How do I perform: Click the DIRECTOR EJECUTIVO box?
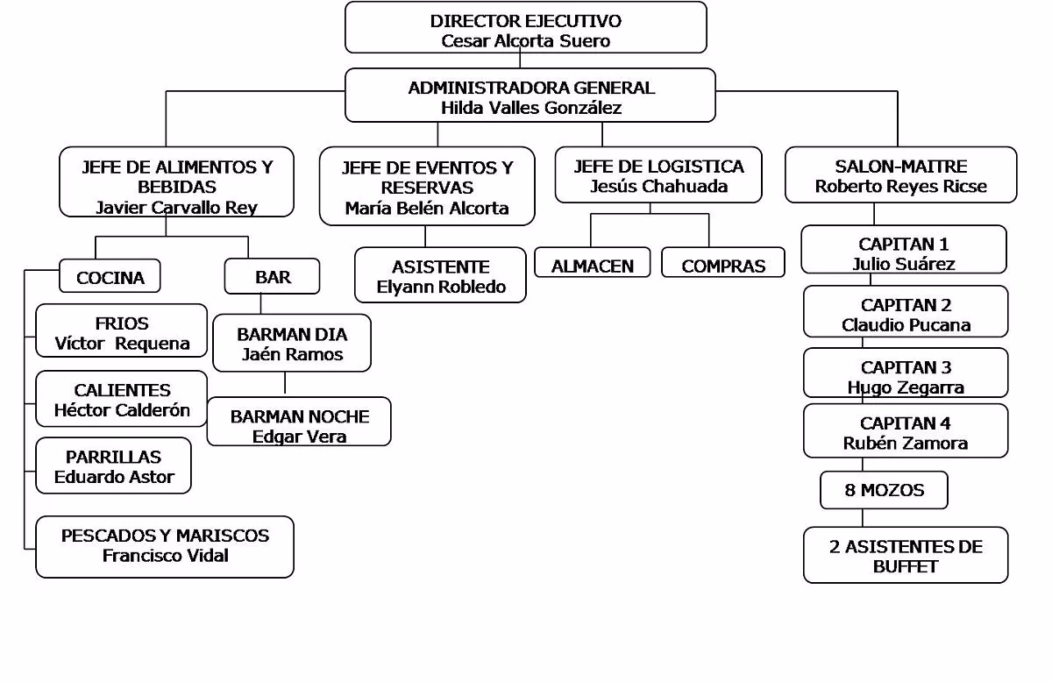(525, 28)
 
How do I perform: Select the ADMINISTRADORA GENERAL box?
(530, 96)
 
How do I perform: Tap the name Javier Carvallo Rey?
(176, 208)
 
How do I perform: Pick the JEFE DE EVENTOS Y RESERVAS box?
(426, 187)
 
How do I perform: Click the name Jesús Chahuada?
(658, 186)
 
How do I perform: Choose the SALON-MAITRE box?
(900, 175)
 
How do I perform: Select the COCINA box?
(110, 277)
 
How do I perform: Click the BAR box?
(273, 277)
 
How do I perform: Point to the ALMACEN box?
(593, 265)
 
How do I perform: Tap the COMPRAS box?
(723, 265)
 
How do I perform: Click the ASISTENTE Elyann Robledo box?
(440, 276)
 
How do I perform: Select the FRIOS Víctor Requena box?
(122, 332)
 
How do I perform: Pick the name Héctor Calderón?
(122, 409)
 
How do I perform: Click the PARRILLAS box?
(114, 466)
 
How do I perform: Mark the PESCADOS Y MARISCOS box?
(165, 545)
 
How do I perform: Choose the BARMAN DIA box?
(292, 344)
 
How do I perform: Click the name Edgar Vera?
(299, 436)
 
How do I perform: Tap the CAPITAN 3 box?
(906, 376)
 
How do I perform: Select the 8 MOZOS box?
(884, 490)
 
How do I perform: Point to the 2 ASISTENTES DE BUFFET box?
(906, 556)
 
